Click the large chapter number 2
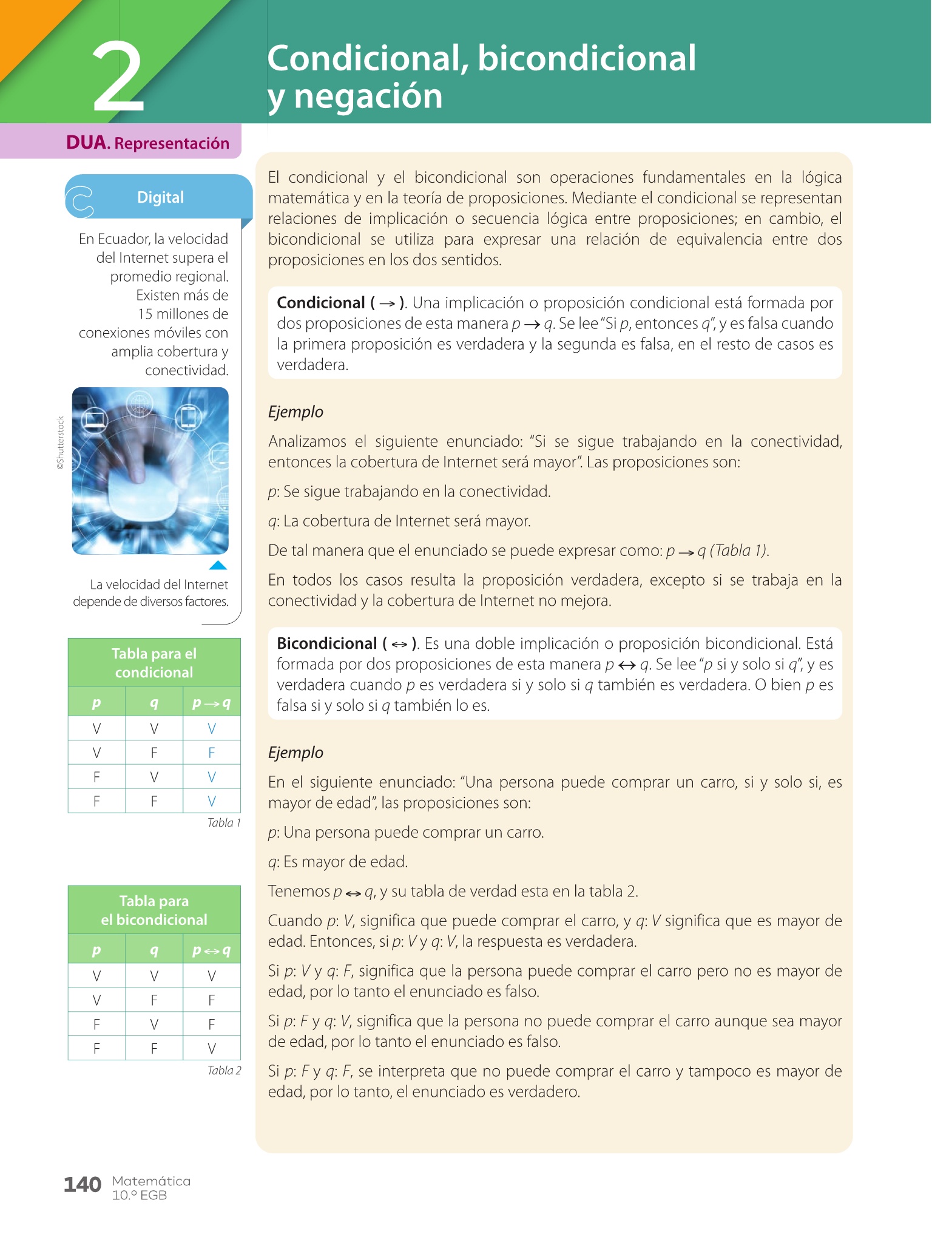tap(118, 78)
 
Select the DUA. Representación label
tap(147, 143)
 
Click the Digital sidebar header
tap(160, 197)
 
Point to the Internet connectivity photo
tap(150, 470)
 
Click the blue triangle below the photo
tap(218, 566)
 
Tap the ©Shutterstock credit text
tap(60, 443)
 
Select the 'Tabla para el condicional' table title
tap(154, 663)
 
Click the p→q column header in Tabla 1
tap(211, 703)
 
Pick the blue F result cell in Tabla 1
tap(211, 753)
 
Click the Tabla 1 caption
tap(224, 823)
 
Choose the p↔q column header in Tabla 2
tap(211, 950)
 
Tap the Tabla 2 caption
tap(224, 1071)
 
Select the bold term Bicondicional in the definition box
tap(327, 643)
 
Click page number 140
tap(83, 1185)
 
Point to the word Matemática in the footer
tap(151, 1181)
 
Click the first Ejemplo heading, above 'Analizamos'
tap(295, 412)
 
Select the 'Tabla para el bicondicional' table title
tap(154, 910)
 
